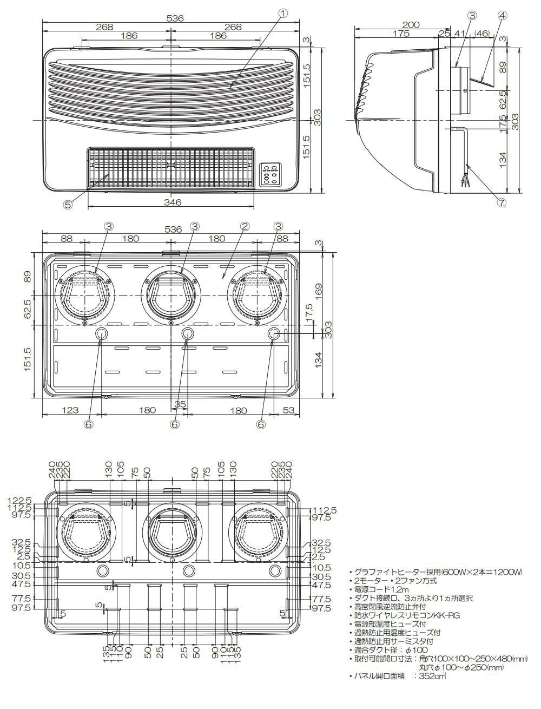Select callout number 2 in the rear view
[245, 226]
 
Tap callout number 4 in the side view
[502, 15]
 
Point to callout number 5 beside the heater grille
[68, 205]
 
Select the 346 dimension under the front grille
[171, 202]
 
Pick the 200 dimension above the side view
[411, 25]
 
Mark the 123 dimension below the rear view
[70, 410]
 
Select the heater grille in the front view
[170, 168]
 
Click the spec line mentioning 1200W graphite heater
[438, 572]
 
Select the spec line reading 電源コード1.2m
[381, 589]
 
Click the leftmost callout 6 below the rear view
[88, 425]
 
